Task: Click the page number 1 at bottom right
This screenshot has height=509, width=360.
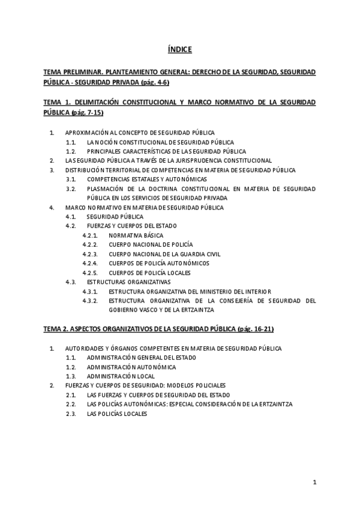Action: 314,482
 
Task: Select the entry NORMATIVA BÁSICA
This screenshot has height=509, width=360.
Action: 136,235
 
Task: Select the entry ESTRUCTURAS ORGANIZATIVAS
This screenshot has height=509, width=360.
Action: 128,282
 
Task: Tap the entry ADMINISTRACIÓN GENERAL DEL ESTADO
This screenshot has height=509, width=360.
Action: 141,358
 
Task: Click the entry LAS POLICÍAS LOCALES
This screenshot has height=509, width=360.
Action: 117,414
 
